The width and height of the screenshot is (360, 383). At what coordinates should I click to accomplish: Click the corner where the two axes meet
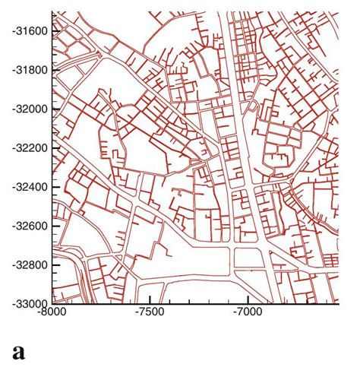[x=52, y=304]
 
